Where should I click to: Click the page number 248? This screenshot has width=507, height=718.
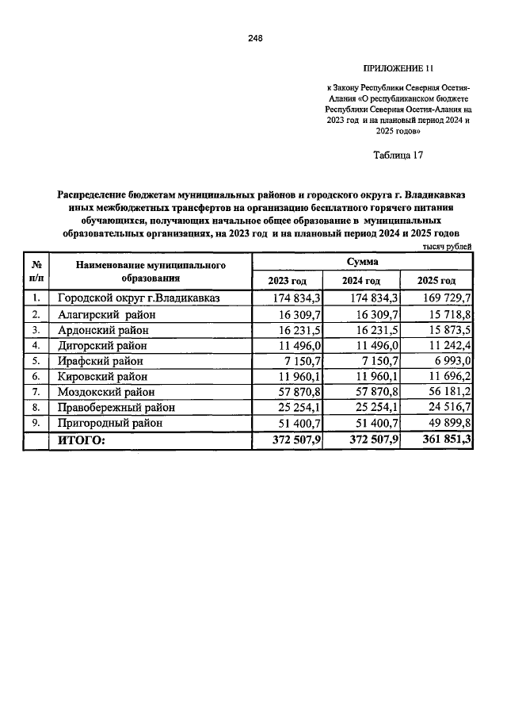pyautogui.click(x=254, y=38)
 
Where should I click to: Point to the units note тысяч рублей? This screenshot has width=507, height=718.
pyautogui.click(x=446, y=247)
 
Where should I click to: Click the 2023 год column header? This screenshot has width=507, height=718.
pyautogui.click(x=287, y=281)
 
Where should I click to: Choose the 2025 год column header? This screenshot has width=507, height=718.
pyautogui.click(x=436, y=281)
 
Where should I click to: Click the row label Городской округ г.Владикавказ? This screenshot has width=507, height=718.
pyautogui.click(x=138, y=298)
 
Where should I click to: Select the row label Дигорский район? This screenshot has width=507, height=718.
pyautogui.click(x=104, y=345)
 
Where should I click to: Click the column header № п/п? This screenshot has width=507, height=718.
pyautogui.click(x=36, y=271)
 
